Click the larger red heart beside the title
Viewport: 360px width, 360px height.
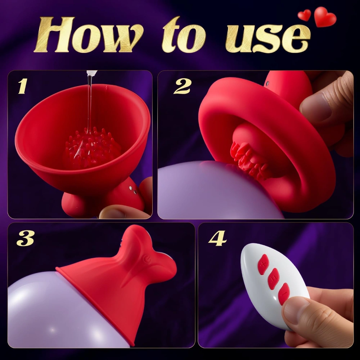point(325,17)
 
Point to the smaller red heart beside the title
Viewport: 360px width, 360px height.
point(304,15)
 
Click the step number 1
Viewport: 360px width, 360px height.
point(22,86)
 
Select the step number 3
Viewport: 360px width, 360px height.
point(24,238)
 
